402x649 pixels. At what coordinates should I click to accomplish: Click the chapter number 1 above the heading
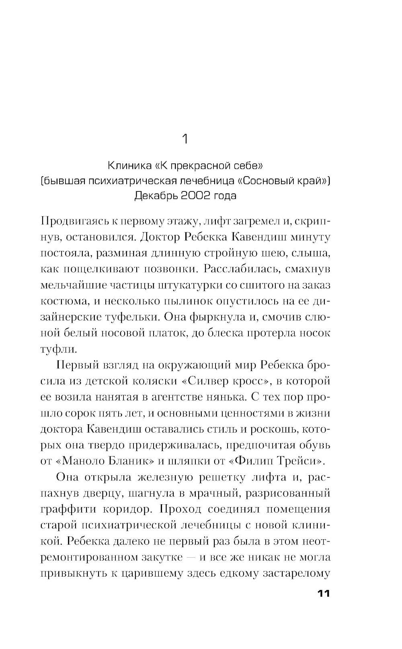point(185,139)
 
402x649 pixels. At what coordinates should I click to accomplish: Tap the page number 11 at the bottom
point(324,594)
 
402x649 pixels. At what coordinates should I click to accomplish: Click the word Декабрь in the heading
point(155,196)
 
